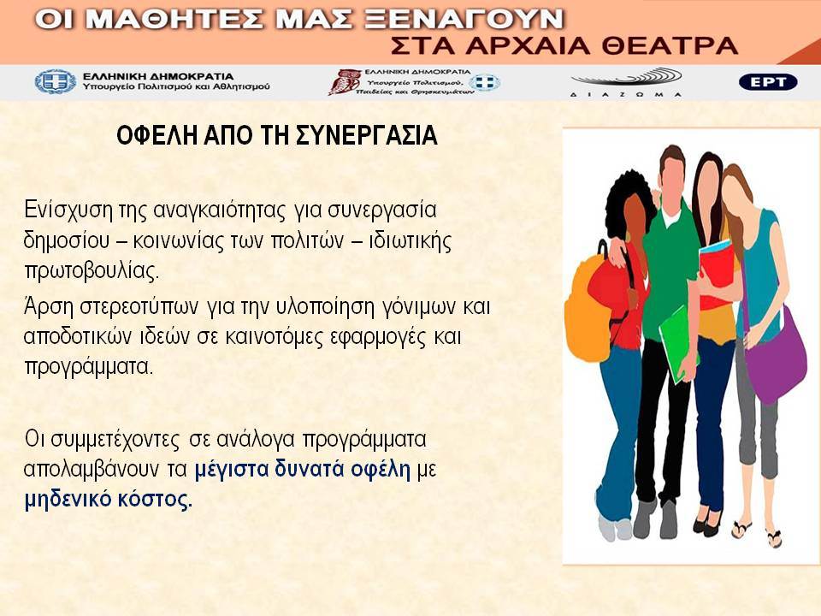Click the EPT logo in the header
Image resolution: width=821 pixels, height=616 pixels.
768,82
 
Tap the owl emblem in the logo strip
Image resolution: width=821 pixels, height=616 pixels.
344,82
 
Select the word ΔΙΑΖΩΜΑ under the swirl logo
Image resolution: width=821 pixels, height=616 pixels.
626,94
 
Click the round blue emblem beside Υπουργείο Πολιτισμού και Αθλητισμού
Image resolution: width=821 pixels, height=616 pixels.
56,82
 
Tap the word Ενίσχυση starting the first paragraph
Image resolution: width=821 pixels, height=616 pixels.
68,210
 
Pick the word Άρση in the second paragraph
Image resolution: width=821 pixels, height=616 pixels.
49,306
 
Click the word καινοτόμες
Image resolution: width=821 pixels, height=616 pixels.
275,337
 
